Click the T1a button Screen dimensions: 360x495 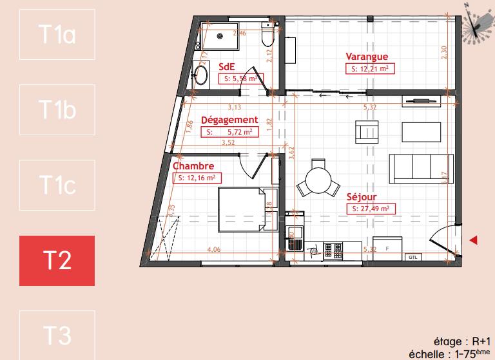pyautogui.click(x=57, y=34)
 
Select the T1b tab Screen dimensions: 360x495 pyautogui.click(x=57, y=109)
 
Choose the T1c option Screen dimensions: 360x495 pyautogui.click(x=57, y=185)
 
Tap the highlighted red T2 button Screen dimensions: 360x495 pyautogui.click(x=57, y=260)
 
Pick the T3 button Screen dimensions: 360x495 pyautogui.click(x=57, y=334)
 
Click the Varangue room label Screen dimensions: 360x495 pyautogui.click(x=367, y=57)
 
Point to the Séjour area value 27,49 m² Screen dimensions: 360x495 pyautogui.click(x=369, y=209)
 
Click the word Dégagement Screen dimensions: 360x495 pyautogui.click(x=229, y=120)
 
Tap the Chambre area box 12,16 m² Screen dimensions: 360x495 pyautogui.click(x=196, y=178)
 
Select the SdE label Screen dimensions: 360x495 pyautogui.click(x=226, y=66)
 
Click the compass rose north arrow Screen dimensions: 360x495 pyautogui.click(x=476, y=24)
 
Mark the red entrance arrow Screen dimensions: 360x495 pyautogui.click(x=474, y=240)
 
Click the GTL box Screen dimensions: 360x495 pyautogui.click(x=412, y=256)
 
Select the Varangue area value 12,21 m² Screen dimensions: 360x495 pyautogui.click(x=369, y=68)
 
